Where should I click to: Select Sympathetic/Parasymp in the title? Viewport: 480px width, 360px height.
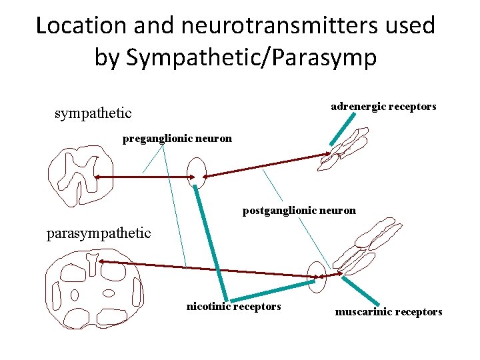[x=235, y=57]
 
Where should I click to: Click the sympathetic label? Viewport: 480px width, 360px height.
[x=93, y=113]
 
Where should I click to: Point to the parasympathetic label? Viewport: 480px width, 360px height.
[x=99, y=233]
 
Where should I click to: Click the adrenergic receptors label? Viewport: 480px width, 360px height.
[x=383, y=107]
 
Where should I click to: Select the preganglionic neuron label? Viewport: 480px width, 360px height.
[x=177, y=139]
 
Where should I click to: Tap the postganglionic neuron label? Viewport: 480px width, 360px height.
[x=299, y=211]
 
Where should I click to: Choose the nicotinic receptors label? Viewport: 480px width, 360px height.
[x=233, y=307]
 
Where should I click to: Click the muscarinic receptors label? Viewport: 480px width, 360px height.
[x=388, y=311]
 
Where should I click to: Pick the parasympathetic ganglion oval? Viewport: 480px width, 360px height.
[x=318, y=275]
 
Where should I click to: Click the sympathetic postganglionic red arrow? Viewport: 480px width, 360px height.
[x=267, y=166]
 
